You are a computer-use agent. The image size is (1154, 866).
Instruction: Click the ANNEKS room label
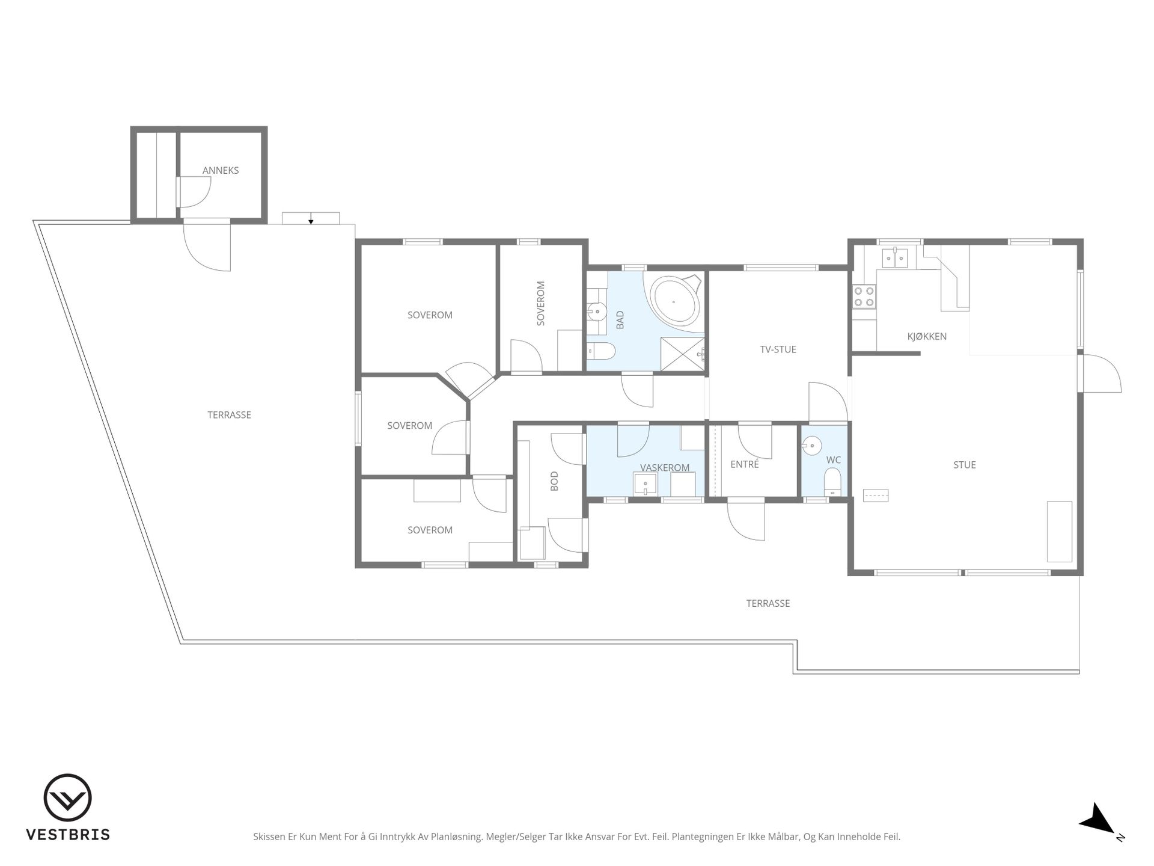tap(221, 170)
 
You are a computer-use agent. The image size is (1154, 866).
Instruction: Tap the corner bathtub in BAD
tap(674, 302)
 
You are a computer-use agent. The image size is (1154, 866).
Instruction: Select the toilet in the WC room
tap(832, 482)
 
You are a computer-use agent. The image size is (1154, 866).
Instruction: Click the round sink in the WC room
tap(811, 445)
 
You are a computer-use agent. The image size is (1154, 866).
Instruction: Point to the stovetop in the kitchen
tap(864, 296)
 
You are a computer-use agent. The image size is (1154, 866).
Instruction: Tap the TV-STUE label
tap(778, 349)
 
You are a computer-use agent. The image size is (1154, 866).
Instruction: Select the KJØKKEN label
tap(927, 336)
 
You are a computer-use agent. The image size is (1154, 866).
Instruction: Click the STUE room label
tap(964, 465)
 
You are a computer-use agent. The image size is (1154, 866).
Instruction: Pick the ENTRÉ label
tap(745, 464)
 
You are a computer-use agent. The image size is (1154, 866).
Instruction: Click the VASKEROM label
tap(665, 468)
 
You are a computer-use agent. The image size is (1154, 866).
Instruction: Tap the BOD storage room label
tap(554, 481)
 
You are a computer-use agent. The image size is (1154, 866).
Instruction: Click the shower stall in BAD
tap(682, 355)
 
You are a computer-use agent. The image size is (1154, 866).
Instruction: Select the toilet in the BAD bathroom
tap(600, 350)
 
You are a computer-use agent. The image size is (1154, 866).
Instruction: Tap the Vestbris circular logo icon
tap(68, 797)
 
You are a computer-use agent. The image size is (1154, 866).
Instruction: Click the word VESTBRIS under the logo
tap(68, 835)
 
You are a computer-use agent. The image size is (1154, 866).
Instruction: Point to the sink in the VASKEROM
tap(645, 484)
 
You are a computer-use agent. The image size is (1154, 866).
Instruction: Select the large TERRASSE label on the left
tap(229, 415)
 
